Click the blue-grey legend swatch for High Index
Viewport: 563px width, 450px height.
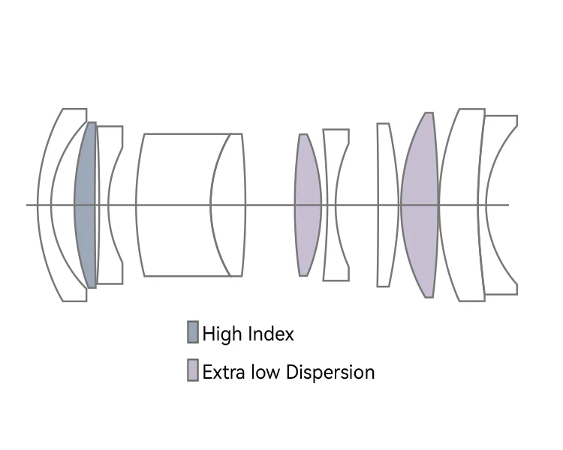193,332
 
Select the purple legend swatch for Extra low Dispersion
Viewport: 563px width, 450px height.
193,370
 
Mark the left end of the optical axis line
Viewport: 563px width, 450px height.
28,205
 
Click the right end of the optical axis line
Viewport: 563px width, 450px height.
508,205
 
